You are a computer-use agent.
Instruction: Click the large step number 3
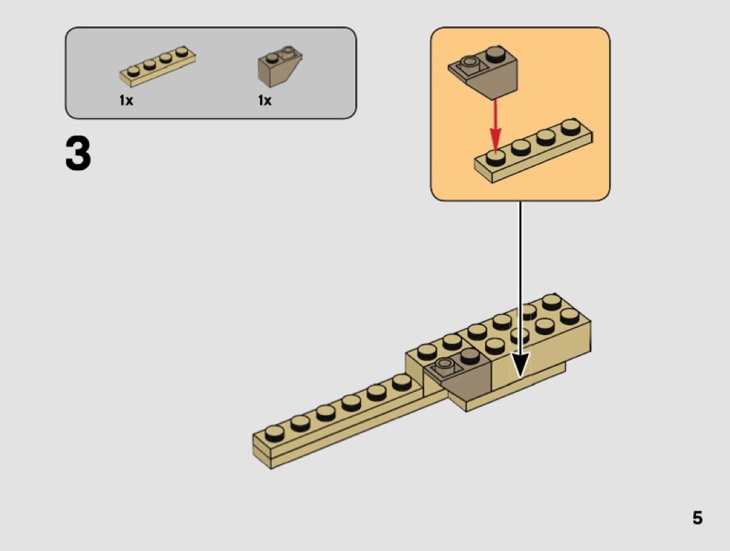click(79, 154)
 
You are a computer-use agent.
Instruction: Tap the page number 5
click(697, 518)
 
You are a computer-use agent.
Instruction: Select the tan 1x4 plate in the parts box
click(158, 65)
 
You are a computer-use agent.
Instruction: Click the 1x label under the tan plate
click(126, 101)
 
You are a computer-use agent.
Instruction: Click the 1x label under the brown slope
click(264, 101)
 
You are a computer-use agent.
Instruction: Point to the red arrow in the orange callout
click(495, 125)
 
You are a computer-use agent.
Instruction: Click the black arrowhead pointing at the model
click(520, 364)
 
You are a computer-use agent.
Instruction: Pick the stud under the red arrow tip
click(495, 157)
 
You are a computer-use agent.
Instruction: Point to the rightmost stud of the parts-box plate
click(181, 52)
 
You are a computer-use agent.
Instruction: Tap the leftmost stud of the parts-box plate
click(133, 69)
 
